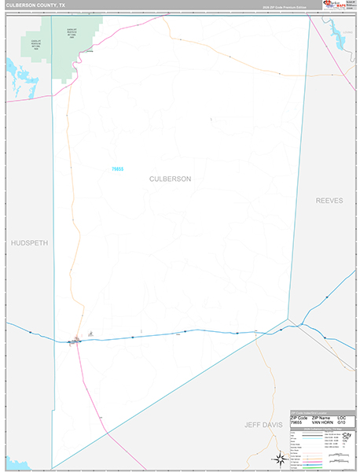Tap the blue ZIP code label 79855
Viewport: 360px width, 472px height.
point(117,168)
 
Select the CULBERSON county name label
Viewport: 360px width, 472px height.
point(170,179)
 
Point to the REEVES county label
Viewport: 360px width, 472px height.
point(329,201)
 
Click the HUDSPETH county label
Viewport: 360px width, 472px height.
point(30,243)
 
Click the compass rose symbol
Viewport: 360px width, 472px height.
point(281,458)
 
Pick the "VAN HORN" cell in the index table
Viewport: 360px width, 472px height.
point(322,422)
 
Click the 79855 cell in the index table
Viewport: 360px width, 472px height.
point(298,422)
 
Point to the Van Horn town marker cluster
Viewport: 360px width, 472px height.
point(76,340)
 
